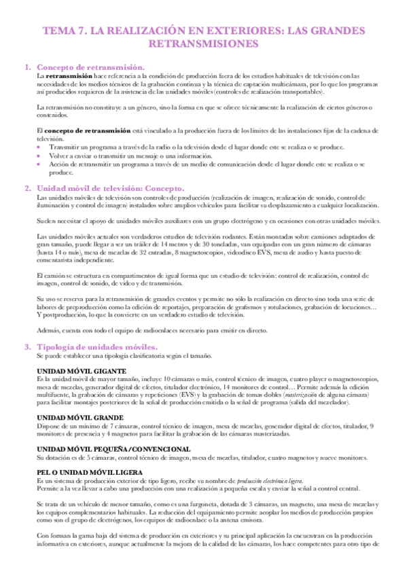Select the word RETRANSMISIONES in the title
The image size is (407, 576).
[x=204, y=45]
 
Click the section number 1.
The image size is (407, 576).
[x=26, y=67]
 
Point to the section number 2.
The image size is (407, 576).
[x=26, y=187]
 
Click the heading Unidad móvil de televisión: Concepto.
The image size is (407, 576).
[x=110, y=187]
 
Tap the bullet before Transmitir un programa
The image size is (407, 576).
[x=39, y=147]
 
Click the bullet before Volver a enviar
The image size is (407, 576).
[x=39, y=156]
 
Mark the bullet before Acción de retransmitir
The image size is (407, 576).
[x=39, y=164]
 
